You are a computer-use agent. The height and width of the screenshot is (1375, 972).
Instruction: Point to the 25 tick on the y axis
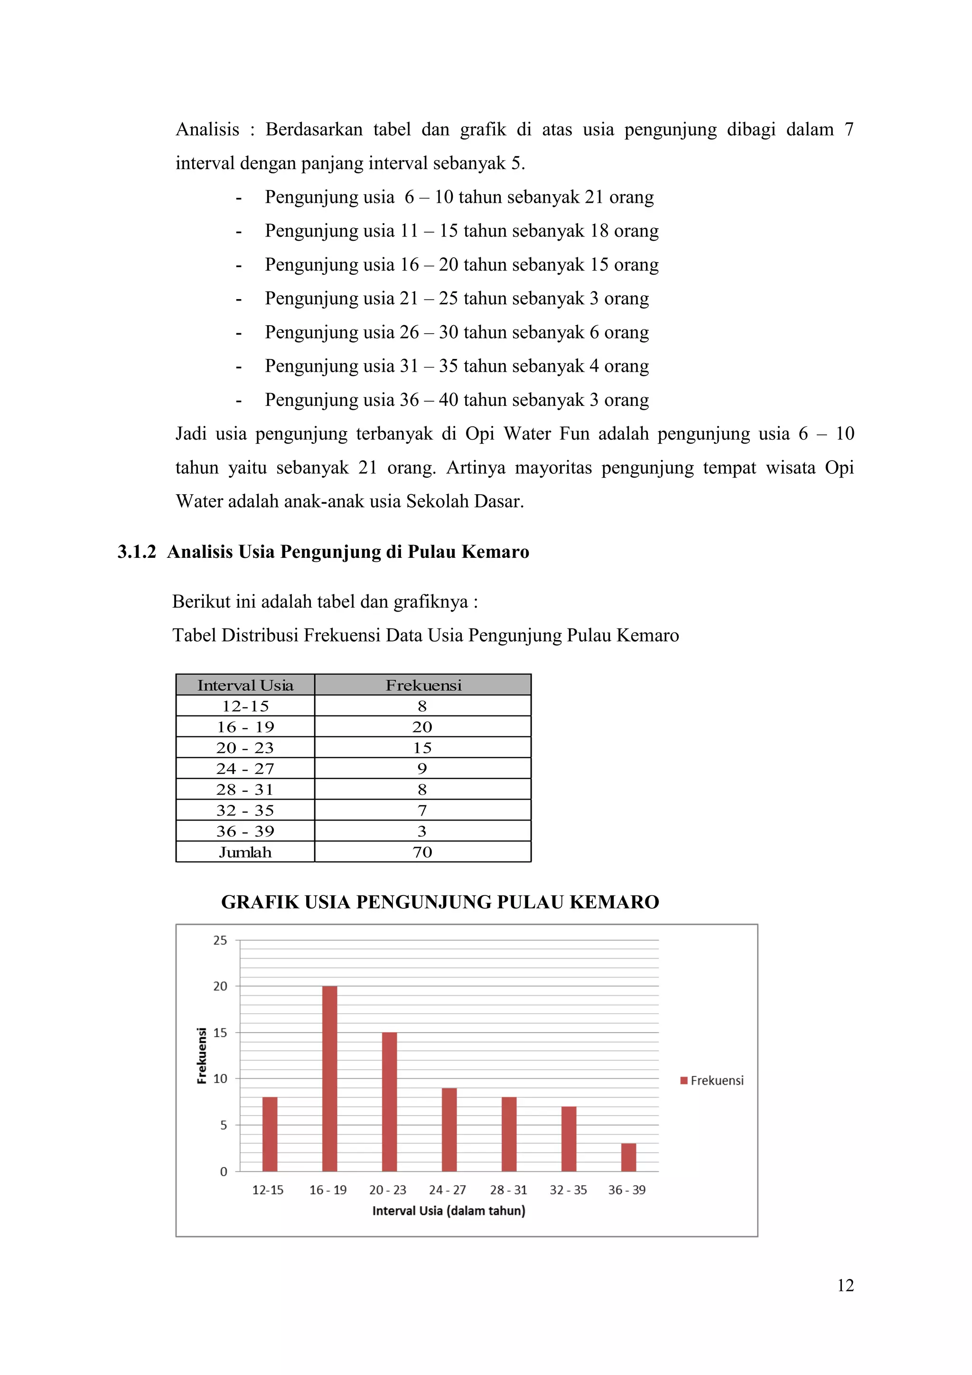tap(220, 940)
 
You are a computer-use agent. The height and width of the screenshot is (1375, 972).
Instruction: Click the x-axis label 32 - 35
tap(568, 1190)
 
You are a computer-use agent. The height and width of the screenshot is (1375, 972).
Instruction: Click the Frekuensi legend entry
tap(712, 1080)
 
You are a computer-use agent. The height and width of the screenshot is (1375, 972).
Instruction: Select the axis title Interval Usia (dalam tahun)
tap(449, 1211)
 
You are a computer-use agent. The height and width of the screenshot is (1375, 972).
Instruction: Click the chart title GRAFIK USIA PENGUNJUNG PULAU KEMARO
tap(440, 902)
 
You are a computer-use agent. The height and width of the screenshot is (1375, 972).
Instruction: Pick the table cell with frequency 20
tap(422, 727)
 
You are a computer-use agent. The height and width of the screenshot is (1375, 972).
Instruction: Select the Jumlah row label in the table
tap(245, 852)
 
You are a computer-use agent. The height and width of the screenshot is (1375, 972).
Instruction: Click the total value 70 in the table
tap(422, 852)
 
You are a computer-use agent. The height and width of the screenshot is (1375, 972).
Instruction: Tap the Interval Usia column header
tap(245, 685)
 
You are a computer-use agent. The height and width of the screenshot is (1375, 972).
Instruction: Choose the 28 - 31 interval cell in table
tap(245, 789)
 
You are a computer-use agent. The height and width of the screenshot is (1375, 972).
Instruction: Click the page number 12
tap(845, 1285)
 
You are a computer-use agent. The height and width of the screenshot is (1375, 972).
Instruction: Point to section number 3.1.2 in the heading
tap(137, 552)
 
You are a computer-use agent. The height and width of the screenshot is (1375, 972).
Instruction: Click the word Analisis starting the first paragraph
tap(207, 129)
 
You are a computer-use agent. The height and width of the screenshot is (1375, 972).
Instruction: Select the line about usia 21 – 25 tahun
tap(456, 298)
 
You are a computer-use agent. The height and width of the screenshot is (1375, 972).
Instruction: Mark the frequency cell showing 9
tap(422, 768)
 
